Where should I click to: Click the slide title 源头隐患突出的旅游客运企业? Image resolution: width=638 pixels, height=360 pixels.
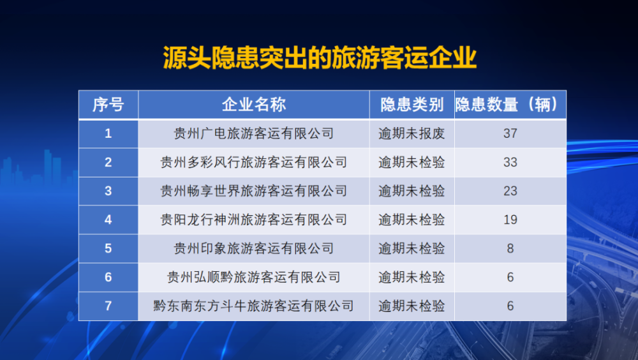(x=320, y=57)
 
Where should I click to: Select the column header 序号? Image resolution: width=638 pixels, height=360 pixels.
(x=108, y=105)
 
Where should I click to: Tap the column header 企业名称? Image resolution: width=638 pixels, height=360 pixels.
(x=254, y=105)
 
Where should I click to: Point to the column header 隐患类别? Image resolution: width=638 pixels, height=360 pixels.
(x=412, y=105)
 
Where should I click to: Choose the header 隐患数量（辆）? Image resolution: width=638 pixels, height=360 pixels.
(x=510, y=105)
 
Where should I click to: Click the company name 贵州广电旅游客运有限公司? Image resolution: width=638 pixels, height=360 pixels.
(x=254, y=133)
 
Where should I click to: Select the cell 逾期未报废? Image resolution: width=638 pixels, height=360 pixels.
(x=412, y=133)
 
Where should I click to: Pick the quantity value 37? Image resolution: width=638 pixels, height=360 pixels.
(x=510, y=133)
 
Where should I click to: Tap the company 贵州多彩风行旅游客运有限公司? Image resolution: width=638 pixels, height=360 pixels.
(x=254, y=163)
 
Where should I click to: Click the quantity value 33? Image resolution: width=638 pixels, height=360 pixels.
(x=510, y=163)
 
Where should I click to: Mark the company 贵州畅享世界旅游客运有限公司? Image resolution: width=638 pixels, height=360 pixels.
(x=254, y=191)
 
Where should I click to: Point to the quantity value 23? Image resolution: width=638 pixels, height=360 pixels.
(x=510, y=191)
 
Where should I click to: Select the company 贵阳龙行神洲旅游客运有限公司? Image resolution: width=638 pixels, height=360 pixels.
(x=254, y=220)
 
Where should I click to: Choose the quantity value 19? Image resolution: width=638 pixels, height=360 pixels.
(x=510, y=220)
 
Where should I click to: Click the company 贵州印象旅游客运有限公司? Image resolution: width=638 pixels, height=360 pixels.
(x=254, y=248)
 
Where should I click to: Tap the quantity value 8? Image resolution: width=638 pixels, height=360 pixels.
(x=510, y=248)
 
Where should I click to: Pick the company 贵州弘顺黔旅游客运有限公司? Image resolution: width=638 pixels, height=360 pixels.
(x=254, y=277)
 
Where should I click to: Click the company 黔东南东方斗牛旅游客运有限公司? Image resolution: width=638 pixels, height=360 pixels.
(x=254, y=306)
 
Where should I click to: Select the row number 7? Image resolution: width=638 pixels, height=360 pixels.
(x=108, y=306)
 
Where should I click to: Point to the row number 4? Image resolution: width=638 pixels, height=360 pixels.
(x=108, y=220)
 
